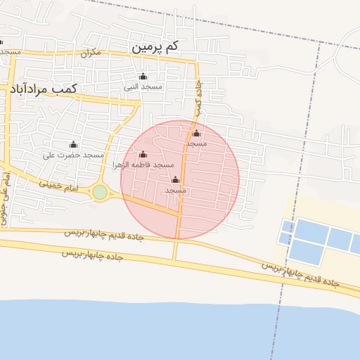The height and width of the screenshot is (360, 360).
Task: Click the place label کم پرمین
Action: tap(155, 47)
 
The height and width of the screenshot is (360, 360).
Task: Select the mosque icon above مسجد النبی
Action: tap(143, 77)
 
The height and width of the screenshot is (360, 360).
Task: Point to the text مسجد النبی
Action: tap(143, 87)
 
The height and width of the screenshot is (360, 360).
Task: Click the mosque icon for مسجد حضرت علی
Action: tap(73, 145)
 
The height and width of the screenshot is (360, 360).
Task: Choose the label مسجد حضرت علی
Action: tap(73, 155)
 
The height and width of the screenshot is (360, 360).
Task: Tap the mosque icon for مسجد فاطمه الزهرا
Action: tap(143, 155)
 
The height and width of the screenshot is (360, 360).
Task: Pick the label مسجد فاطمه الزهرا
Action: tap(143, 165)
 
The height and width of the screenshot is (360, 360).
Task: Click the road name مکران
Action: tap(91, 53)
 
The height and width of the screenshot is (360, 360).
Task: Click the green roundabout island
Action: tap(100, 192)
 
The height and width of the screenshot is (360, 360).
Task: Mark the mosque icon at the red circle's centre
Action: tap(176, 180)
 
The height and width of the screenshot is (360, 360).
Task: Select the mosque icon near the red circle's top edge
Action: tap(196, 134)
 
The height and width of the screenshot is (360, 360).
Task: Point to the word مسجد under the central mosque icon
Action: tap(176, 191)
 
